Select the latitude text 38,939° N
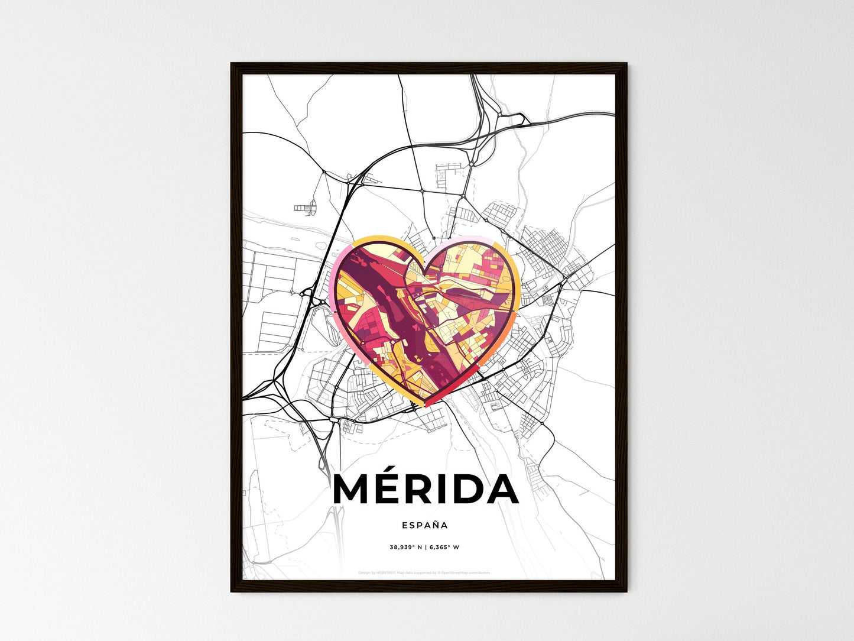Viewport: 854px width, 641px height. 405,548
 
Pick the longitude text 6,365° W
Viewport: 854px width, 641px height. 444,548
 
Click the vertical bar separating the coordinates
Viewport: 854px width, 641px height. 426,548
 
